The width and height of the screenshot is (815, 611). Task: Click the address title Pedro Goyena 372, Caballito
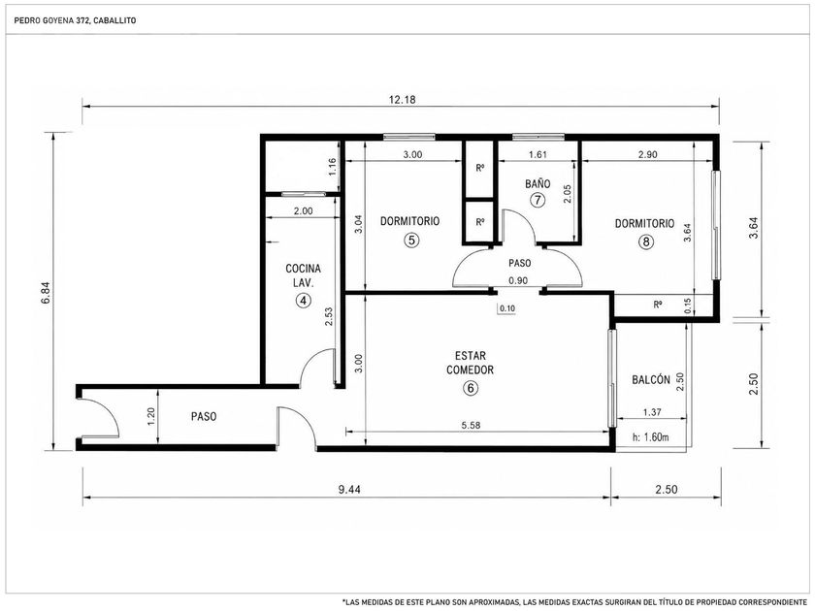click(75, 20)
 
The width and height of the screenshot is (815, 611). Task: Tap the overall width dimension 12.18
click(403, 99)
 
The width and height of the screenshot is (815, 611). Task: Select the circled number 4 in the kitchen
click(303, 301)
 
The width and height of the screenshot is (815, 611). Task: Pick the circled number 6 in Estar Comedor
click(471, 388)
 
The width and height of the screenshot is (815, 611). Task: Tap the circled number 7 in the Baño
click(538, 200)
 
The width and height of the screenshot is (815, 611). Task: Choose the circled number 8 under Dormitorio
click(645, 241)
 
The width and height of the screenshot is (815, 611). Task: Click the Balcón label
click(651, 380)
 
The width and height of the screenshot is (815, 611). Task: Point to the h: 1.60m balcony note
click(651, 437)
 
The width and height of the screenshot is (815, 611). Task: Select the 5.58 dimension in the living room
click(471, 425)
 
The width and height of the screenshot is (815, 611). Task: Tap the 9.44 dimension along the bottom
click(348, 490)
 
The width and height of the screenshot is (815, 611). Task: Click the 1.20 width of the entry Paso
click(150, 416)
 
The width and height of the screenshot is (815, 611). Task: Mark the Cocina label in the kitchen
click(303, 269)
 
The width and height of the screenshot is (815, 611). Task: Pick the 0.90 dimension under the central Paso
click(518, 281)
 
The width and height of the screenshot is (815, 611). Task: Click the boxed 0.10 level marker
click(506, 308)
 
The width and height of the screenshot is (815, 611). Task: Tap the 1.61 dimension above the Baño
click(538, 154)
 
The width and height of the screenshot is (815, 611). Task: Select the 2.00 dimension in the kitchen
click(303, 211)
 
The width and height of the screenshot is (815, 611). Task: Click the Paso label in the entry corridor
click(203, 417)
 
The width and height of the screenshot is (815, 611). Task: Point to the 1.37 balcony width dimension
click(652, 412)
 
